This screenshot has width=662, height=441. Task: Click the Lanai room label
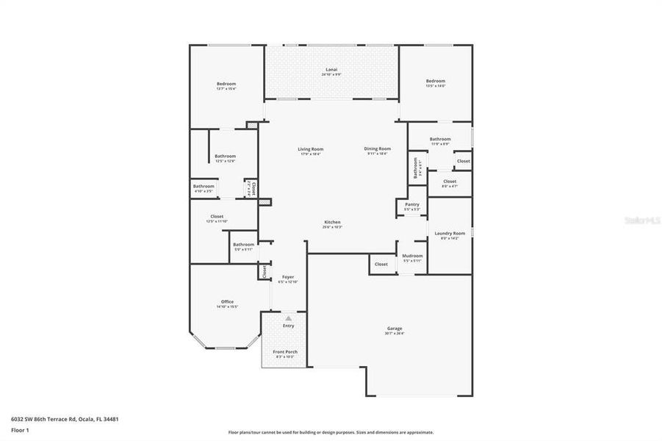[333, 71]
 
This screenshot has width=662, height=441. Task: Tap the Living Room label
[311, 149]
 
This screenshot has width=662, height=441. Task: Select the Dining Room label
[378, 149]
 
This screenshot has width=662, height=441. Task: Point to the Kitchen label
[333, 222]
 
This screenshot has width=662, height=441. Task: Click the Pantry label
[412, 205]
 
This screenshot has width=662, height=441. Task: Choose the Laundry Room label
[449, 233]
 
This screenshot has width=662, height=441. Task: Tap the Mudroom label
[412, 256]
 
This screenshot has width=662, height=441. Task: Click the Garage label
[395, 329]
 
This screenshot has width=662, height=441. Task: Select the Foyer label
[288, 277]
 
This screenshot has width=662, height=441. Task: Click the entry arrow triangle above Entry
[288, 318]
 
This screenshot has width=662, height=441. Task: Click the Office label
[227, 302]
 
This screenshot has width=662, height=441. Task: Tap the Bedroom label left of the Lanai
[226, 84]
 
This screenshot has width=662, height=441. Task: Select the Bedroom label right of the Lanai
[436, 81]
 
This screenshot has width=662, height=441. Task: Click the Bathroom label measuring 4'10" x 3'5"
[204, 187]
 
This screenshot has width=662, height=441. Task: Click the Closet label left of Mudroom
[381, 264]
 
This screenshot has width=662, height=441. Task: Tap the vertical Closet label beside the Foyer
[264, 272]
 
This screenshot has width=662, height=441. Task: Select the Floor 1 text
[20, 430]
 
